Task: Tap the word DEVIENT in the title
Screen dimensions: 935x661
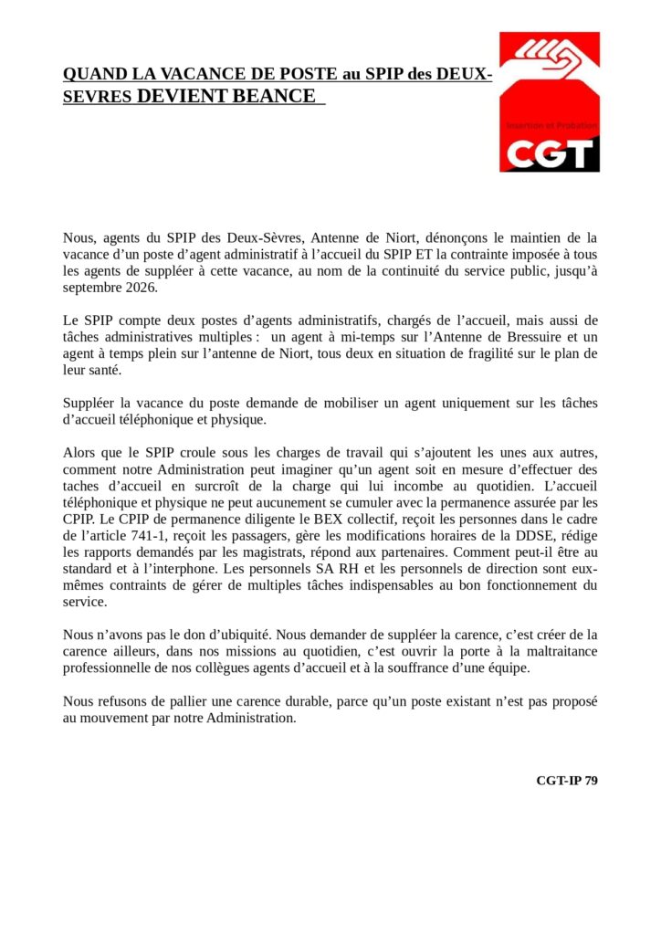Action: (x=183, y=97)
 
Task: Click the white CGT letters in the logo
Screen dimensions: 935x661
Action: (x=549, y=153)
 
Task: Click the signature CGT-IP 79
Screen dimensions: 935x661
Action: (x=567, y=780)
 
